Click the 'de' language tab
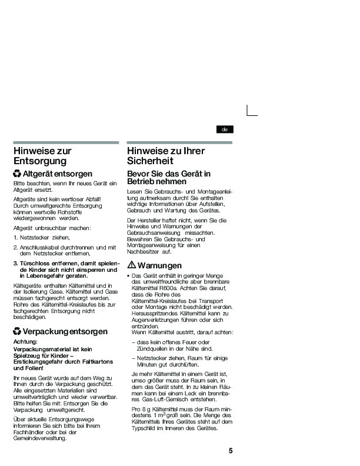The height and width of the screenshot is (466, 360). (x=224, y=129)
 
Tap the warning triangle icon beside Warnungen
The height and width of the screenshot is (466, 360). (x=132, y=265)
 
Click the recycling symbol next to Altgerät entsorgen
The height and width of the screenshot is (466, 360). (x=18, y=174)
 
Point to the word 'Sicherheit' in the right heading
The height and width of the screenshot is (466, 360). (x=151, y=161)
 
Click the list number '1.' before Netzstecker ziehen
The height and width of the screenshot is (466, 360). (x=16, y=237)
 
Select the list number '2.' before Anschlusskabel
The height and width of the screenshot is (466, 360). (x=16, y=248)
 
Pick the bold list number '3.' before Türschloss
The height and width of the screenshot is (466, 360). (x=16, y=263)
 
